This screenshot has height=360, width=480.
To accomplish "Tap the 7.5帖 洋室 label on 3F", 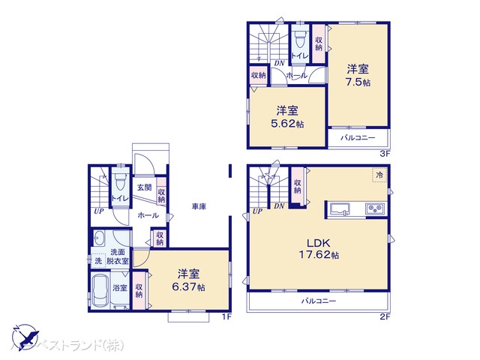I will coord(358,75).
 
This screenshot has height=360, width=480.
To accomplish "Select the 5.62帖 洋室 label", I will coord(288,116).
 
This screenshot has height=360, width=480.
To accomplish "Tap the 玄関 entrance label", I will coord(144,187).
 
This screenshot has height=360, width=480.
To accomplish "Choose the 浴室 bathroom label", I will coord(119,287).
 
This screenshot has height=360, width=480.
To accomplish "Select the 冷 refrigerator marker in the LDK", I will coord(379,175).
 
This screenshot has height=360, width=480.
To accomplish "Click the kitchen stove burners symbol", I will coord(374,208).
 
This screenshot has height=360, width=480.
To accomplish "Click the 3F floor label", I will coord(383,154).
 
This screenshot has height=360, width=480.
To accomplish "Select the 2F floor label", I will coord(383,316).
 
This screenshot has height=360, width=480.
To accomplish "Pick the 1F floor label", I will coord(225,316).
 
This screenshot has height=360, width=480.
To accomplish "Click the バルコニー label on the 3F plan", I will coord(358,138).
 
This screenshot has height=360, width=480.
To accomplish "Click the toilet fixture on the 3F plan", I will coord(299,37).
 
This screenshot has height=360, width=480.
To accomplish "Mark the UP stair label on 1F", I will coord(98,211).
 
